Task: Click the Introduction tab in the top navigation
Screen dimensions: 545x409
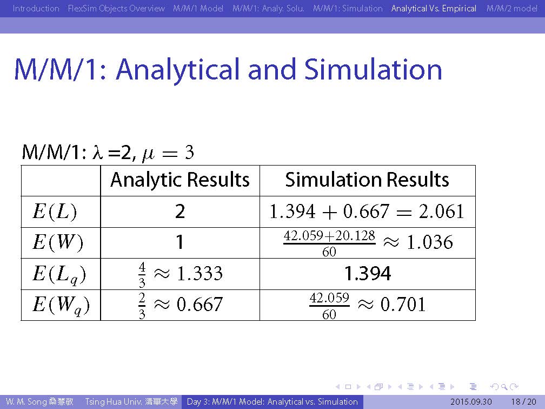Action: click(x=36, y=8)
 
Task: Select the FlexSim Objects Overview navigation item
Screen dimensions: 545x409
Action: click(x=116, y=8)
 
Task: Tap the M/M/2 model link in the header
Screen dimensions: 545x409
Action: click(x=511, y=8)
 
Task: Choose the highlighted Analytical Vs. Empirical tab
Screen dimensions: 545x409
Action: click(x=434, y=8)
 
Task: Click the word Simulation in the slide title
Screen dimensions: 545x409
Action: click(x=373, y=69)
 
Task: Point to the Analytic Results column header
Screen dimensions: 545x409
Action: click(x=180, y=180)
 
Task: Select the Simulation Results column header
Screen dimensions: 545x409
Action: click(x=367, y=180)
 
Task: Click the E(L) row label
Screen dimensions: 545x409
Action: click(x=55, y=212)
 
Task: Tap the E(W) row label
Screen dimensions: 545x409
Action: click(x=58, y=242)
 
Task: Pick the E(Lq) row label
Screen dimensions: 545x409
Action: click(x=59, y=274)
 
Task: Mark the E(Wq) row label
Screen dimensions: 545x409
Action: click(x=61, y=305)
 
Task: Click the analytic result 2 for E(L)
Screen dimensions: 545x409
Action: click(x=180, y=212)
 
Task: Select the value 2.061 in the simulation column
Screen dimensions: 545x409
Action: click(x=441, y=212)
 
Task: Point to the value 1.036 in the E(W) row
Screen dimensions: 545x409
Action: click(x=430, y=242)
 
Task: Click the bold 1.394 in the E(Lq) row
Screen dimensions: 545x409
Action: click(x=368, y=273)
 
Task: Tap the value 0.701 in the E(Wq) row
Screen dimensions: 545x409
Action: click(x=403, y=304)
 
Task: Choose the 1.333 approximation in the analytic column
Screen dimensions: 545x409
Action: click(x=200, y=273)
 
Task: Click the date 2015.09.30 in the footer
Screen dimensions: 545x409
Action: click(x=471, y=402)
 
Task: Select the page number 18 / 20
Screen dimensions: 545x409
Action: click(x=523, y=402)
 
